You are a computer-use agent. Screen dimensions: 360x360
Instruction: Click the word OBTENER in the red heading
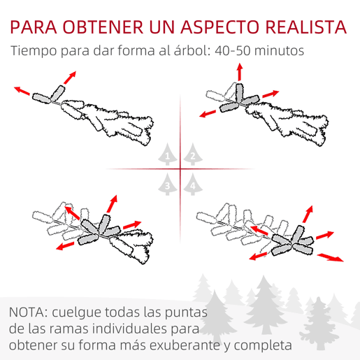point(103,27)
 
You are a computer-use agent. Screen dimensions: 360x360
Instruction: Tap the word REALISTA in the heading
point(306,27)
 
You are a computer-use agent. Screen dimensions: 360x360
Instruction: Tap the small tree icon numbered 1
point(167,154)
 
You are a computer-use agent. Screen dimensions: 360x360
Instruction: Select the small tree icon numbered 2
point(193,154)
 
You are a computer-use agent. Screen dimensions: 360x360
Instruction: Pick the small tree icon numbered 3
point(167,184)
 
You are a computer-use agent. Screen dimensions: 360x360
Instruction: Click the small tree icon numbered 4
point(193,184)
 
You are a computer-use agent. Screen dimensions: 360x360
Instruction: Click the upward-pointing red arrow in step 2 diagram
point(240,72)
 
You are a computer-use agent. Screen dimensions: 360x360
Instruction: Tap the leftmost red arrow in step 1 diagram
point(22,91)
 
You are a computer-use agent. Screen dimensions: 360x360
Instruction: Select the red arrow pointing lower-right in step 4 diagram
point(331,257)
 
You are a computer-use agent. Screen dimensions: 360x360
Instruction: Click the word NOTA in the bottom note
point(28,312)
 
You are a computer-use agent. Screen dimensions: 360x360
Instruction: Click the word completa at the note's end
point(263,345)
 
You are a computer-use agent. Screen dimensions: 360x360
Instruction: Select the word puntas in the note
point(186,313)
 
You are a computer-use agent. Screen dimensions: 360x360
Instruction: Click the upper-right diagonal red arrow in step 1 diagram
point(70,78)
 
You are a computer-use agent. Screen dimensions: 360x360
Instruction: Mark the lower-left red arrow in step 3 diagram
point(65,246)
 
